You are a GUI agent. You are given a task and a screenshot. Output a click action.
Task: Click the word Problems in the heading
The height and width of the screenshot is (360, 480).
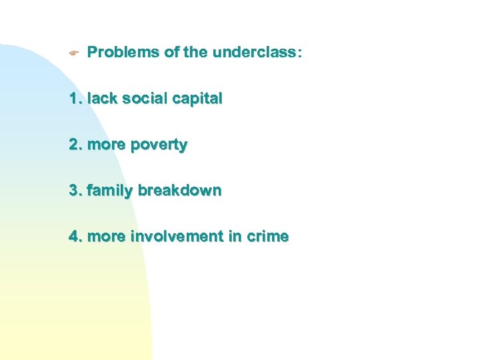coord(124,52)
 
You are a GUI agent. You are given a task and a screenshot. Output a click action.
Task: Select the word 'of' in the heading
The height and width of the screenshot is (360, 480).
coord(171,52)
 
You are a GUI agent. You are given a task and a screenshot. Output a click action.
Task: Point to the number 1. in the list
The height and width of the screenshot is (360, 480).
coord(75,99)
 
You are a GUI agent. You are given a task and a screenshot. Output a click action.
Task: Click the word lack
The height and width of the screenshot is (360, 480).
coord(99,99)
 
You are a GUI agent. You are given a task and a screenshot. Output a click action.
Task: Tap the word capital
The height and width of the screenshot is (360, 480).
coord(197,99)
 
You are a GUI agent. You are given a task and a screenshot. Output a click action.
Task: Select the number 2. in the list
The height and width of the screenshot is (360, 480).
coord(75,145)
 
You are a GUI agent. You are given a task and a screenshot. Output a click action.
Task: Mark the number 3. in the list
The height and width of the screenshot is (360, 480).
coord(75,191)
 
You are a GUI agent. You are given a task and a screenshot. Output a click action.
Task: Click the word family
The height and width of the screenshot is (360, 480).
coord(109,191)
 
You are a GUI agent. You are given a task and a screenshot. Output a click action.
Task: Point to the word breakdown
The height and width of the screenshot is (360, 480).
coord(179,191)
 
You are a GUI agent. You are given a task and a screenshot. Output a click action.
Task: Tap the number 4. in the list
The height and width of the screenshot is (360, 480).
coord(75,236)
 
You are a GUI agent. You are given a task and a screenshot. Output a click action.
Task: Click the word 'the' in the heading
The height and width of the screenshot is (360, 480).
coord(195,52)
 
